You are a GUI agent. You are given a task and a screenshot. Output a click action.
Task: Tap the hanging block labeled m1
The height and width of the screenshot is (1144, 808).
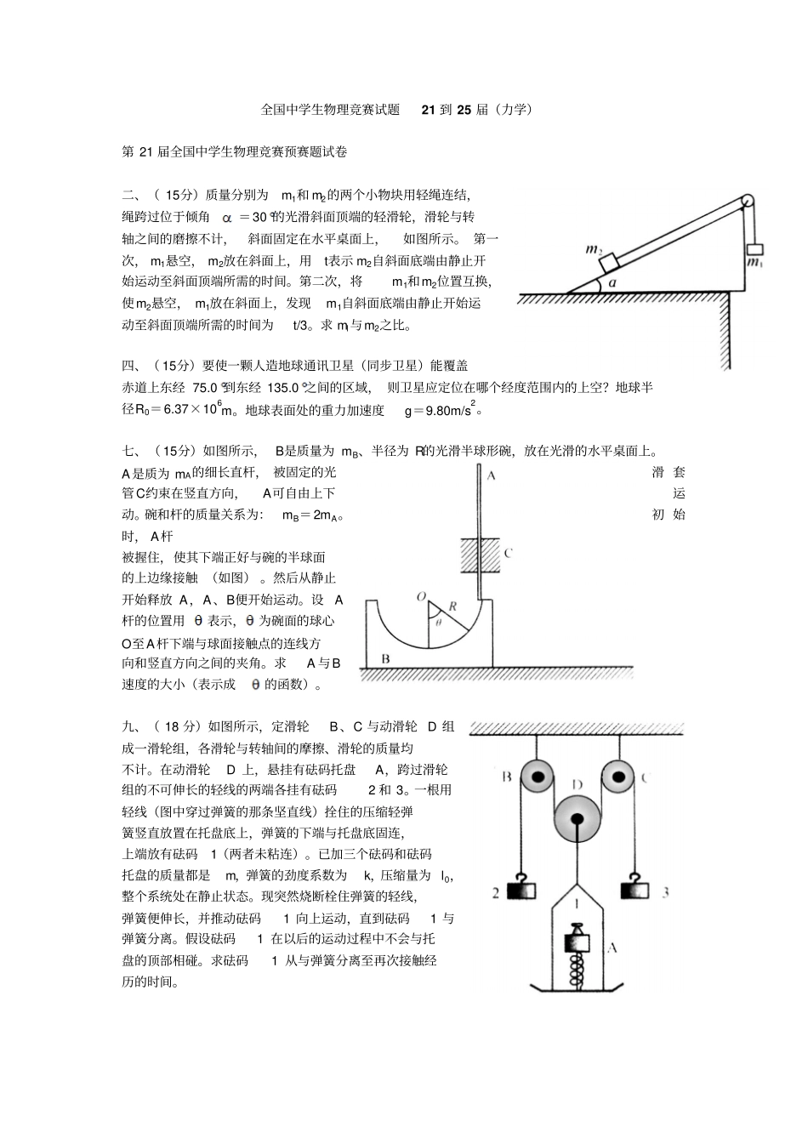click(x=754, y=249)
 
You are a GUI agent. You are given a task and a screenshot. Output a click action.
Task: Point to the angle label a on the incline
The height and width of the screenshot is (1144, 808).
click(x=612, y=283)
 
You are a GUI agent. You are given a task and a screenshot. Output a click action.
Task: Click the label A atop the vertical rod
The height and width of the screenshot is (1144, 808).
click(x=491, y=475)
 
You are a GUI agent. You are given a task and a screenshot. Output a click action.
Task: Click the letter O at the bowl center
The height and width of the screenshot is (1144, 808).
click(x=421, y=598)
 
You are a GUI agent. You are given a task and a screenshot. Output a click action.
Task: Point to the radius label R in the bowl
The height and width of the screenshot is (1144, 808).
click(x=452, y=607)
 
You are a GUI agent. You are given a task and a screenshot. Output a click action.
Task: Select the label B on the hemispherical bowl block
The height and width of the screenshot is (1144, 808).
click(x=385, y=658)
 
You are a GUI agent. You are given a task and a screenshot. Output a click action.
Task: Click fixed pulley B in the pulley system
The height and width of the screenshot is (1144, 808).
click(x=537, y=776)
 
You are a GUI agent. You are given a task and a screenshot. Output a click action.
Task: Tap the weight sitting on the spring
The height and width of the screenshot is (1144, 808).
click(x=578, y=942)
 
